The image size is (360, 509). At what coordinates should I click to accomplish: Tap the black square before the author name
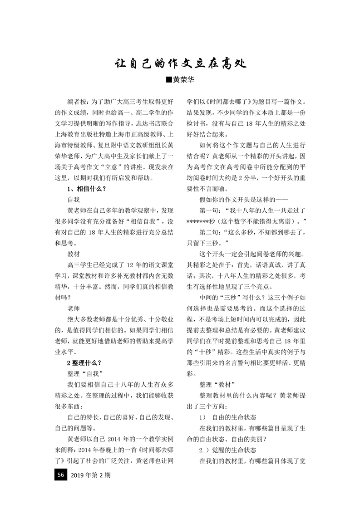click(169, 80)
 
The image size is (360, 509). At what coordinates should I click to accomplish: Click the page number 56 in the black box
click(59, 488)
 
